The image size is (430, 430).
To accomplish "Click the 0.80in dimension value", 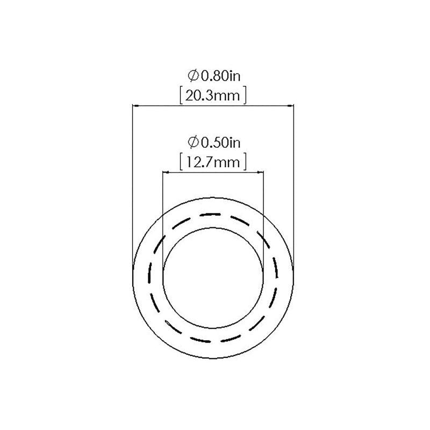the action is pos(221,76).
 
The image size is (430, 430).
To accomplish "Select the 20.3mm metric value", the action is pos(213,96).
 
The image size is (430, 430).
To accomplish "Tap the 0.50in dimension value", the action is pos(221,142).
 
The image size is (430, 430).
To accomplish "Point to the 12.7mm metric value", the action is pos(213,162).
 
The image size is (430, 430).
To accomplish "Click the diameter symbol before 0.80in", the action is pos(193,76).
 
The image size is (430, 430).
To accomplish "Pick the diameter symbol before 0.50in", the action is pos(193,142).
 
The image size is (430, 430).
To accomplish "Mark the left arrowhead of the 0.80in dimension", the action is pos(135,105).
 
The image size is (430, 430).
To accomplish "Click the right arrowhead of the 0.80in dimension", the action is pos(290,105).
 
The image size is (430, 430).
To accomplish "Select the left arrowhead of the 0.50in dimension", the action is pos(166,173).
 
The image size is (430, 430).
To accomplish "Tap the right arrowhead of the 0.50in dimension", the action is pos(260,173).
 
